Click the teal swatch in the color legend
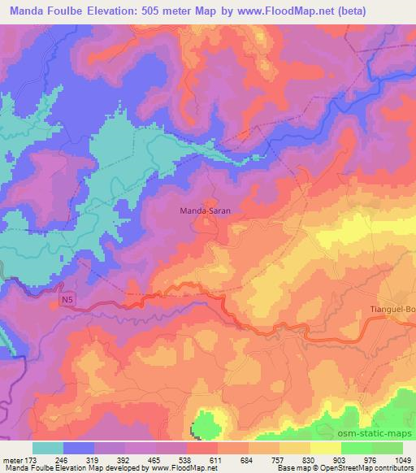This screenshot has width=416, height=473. [x=48, y=447]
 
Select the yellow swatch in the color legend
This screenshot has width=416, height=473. [x=326, y=447]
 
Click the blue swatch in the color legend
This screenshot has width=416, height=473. [x=79, y=447]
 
